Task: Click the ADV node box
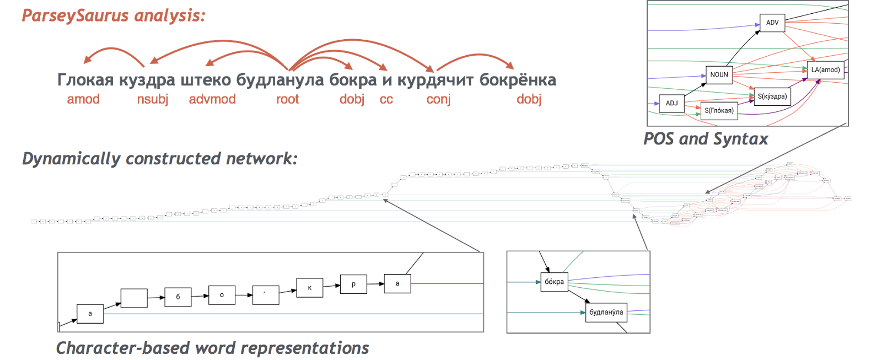pyautogui.click(x=772, y=23)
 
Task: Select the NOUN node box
pyautogui.click(x=719, y=74)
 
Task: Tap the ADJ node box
pyautogui.click(x=671, y=103)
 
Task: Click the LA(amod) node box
pyautogui.click(x=825, y=70)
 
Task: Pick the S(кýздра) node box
pyautogui.click(x=772, y=96)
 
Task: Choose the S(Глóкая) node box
pyautogui.click(x=719, y=110)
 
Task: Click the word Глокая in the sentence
pyautogui.click(x=85, y=80)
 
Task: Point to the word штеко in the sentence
pyautogui.click(x=206, y=80)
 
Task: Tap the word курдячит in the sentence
pyautogui.click(x=435, y=80)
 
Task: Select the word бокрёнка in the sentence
pyautogui.click(x=517, y=80)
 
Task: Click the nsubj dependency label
pyautogui.click(x=153, y=99)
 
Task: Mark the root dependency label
pyautogui.click(x=288, y=99)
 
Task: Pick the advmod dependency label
pyautogui.click(x=212, y=99)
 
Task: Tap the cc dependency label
pyautogui.click(x=386, y=99)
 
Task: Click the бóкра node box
pyautogui.click(x=554, y=282)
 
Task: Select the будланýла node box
pyautogui.click(x=606, y=312)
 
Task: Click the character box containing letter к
pyautogui.click(x=309, y=288)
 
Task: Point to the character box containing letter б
pyautogui.click(x=178, y=297)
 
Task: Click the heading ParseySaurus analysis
pyautogui.click(x=114, y=15)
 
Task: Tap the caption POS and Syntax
pyautogui.click(x=706, y=139)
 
